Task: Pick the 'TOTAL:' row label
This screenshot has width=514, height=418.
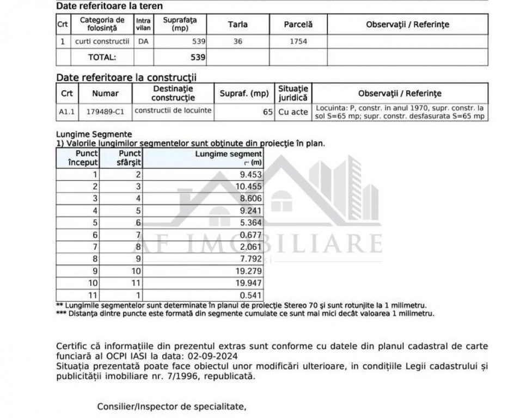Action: (x=102, y=57)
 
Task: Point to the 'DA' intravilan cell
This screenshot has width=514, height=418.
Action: (x=143, y=41)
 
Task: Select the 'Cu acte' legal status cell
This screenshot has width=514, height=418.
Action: (x=293, y=112)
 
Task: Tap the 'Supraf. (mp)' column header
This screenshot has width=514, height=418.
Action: (x=244, y=94)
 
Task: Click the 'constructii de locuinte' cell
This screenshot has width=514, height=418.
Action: (x=173, y=110)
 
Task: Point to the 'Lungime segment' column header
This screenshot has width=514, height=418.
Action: (x=228, y=158)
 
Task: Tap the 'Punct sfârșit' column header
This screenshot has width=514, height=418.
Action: (x=130, y=158)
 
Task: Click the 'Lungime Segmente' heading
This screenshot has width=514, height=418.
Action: (x=94, y=134)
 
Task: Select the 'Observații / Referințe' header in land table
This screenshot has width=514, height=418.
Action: (x=407, y=24)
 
